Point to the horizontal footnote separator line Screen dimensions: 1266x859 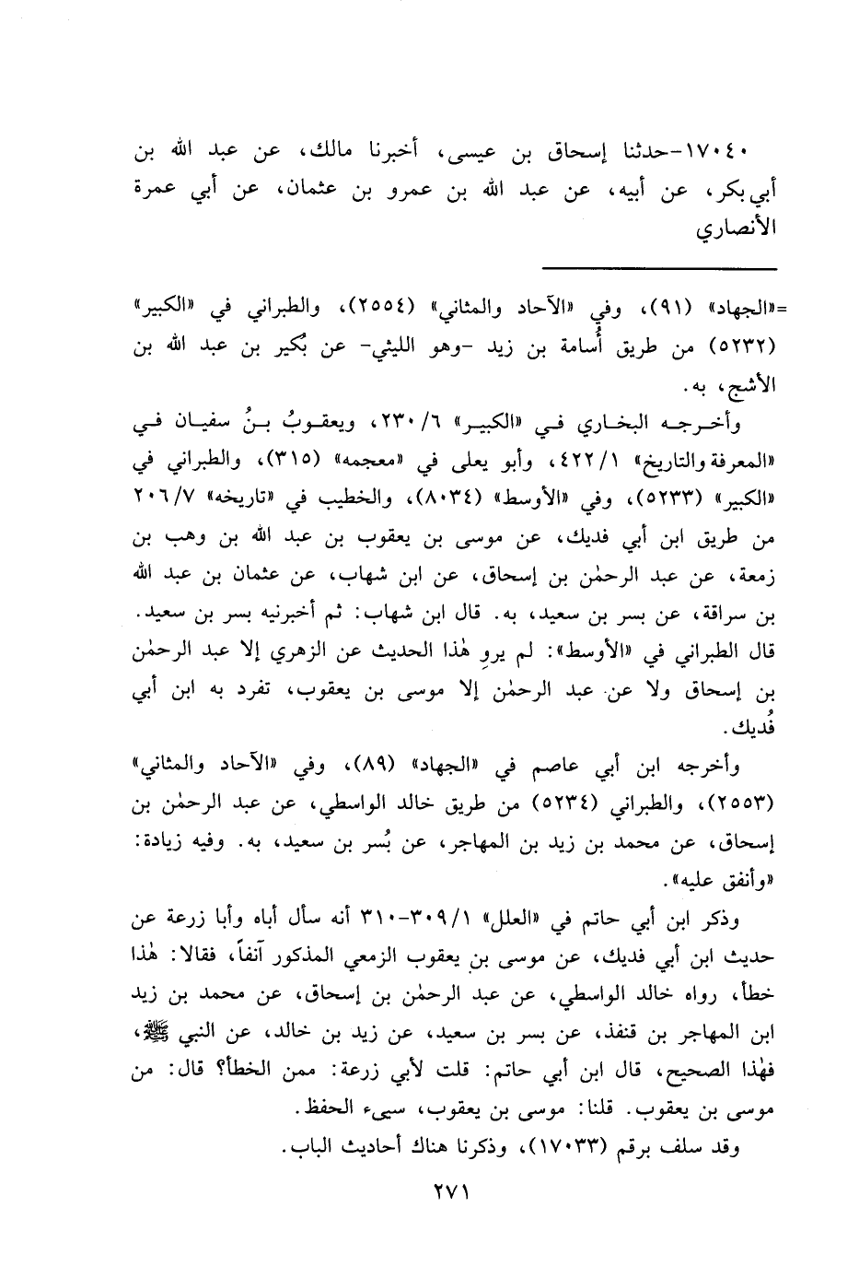click(x=660, y=268)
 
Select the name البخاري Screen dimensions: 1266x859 click(x=609, y=424)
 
